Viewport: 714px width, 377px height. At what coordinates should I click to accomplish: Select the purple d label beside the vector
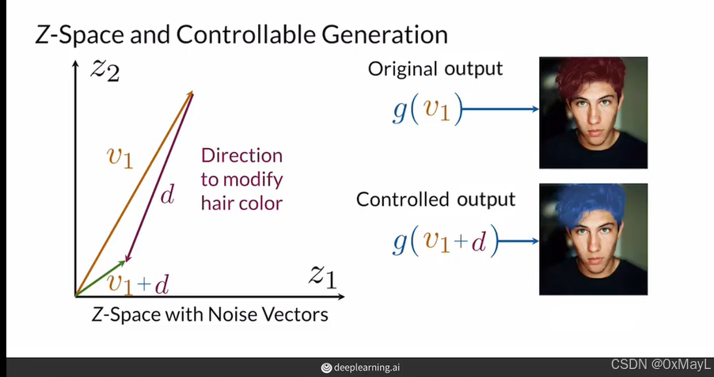click(167, 196)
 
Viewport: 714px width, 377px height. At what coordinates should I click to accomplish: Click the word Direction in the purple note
click(241, 155)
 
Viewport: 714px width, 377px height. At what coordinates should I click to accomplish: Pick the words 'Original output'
click(435, 69)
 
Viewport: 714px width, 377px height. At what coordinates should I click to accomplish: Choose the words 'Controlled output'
click(435, 199)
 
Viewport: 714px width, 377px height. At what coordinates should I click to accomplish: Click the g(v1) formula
click(426, 109)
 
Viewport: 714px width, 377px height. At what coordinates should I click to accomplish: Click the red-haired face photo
click(593, 112)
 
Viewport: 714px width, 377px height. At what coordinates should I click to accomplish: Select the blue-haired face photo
click(593, 240)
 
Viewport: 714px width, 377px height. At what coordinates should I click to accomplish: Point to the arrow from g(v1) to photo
click(499, 109)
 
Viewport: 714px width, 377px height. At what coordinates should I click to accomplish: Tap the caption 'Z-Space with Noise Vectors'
click(209, 314)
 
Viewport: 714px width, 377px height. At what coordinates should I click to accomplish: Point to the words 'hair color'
click(241, 203)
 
